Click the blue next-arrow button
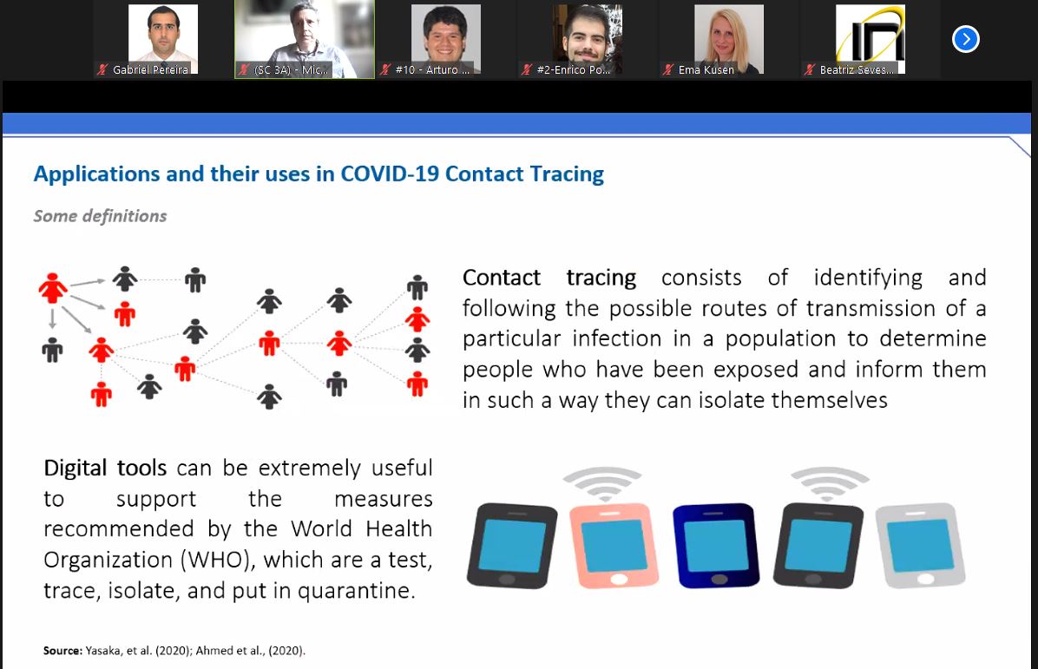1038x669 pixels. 965,39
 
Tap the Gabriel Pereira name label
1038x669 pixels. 150,69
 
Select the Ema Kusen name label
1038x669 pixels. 706,69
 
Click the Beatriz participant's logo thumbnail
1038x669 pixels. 870,34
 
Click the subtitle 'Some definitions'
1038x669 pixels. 100,216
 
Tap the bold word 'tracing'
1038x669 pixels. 601,279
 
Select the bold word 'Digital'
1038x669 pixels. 75,468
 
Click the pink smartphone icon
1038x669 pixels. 614,545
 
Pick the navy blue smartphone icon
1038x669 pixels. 716,545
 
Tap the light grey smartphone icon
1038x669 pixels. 921,545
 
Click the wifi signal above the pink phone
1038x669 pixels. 602,483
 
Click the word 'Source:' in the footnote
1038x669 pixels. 62,651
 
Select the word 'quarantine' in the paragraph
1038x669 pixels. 353,591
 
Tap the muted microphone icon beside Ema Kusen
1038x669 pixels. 668,69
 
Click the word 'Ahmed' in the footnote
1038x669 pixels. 214,651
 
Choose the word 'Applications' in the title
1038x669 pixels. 96,174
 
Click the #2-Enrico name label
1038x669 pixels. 574,69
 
